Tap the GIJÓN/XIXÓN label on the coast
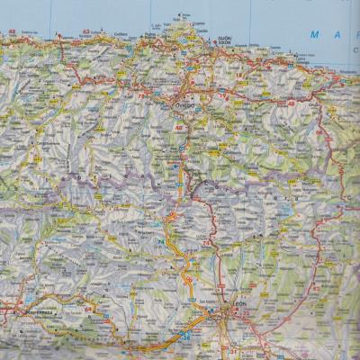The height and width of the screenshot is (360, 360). (224, 41)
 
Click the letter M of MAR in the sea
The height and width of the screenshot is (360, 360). (314, 34)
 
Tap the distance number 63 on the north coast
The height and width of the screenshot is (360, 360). (86, 32)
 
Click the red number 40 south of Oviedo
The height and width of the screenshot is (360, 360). (180, 127)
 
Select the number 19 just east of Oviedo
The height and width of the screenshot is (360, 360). (221, 94)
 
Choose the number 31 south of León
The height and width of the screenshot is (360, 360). (232, 349)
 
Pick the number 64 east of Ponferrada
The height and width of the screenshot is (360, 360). (89, 308)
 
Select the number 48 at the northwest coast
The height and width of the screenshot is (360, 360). (13, 33)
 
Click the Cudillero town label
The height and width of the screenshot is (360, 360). (121, 34)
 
